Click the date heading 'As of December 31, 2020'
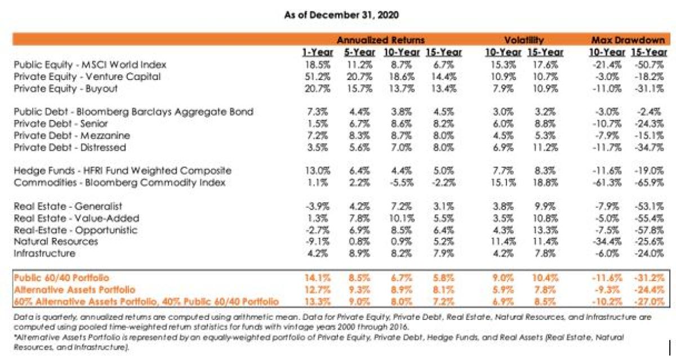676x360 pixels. coord(342,15)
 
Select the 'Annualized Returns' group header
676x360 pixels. coord(380,40)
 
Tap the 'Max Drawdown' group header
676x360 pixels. coord(628,40)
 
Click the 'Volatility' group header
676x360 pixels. coord(523,40)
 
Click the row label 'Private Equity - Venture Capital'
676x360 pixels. coord(87,77)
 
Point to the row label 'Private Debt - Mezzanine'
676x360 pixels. coord(72,136)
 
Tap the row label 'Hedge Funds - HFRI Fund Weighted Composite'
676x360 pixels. coord(122,171)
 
